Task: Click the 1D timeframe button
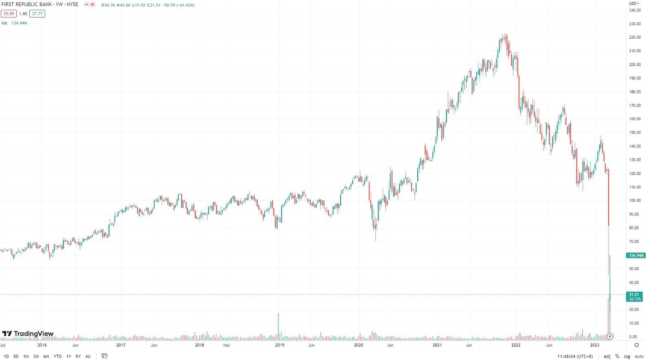pyautogui.click(x=6, y=356)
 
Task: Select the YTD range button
pyautogui.click(x=57, y=356)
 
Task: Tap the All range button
pyautogui.click(x=88, y=356)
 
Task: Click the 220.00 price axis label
pyautogui.click(x=635, y=37)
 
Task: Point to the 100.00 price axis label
pyautogui.click(x=635, y=201)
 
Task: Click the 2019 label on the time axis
pyautogui.click(x=280, y=345)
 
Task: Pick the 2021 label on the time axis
pyautogui.click(x=437, y=345)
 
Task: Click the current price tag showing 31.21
pyautogui.click(x=634, y=297)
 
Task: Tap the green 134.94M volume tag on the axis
pyautogui.click(x=635, y=255)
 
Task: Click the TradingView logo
pyautogui.click(x=28, y=334)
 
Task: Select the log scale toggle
pyautogui.click(x=627, y=356)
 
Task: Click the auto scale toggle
pyautogui.click(x=639, y=356)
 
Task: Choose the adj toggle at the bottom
pyautogui.click(x=607, y=356)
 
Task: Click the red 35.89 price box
pyautogui.click(x=9, y=14)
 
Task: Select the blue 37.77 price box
pyautogui.click(x=37, y=14)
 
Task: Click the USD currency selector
pyautogui.click(x=634, y=4)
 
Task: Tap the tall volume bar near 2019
pyautogui.click(x=278, y=325)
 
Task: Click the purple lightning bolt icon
pyautogui.click(x=610, y=336)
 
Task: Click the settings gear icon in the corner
pyautogui.click(x=637, y=345)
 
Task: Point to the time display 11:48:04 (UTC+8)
pyautogui.click(x=575, y=356)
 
